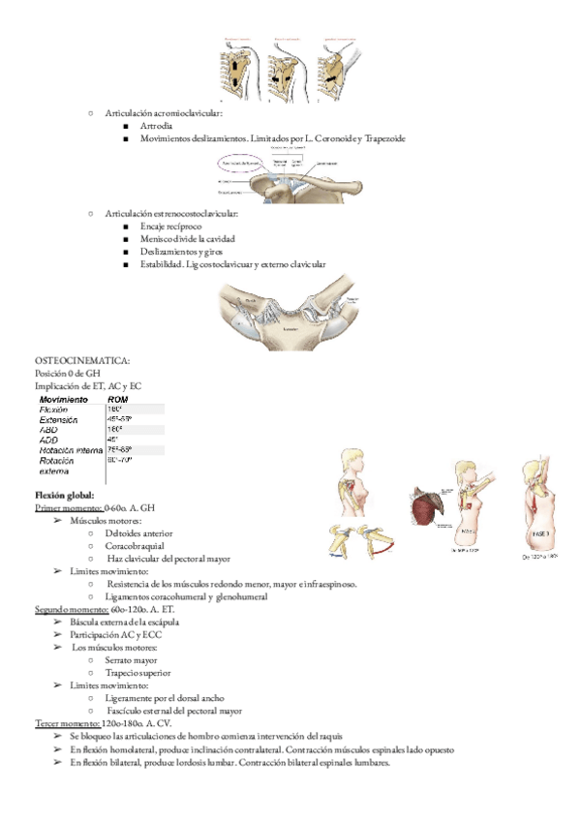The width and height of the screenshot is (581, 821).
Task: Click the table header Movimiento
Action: click(x=64, y=399)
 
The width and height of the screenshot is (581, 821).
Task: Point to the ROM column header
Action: click(x=118, y=399)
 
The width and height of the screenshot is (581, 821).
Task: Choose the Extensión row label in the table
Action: click(x=59, y=419)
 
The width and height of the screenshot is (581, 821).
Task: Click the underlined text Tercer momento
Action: click(x=66, y=723)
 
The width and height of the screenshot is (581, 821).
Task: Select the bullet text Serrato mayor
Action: click(x=132, y=659)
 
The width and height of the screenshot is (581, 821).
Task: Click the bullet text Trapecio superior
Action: click(x=137, y=672)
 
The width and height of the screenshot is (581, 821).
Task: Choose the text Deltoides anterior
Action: click(x=140, y=533)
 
